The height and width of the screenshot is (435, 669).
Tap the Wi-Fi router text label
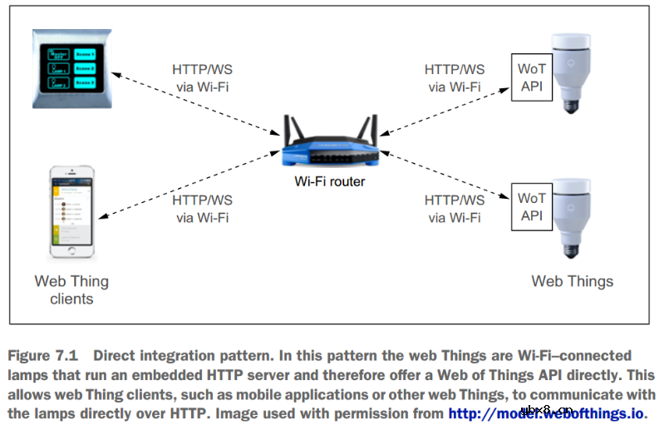329,181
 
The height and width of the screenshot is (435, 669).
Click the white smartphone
71,213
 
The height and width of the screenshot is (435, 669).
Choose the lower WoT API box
531,206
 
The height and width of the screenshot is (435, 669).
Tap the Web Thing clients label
71,289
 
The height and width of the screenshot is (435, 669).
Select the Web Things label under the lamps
572,281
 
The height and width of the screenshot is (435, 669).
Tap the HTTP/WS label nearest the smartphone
202,200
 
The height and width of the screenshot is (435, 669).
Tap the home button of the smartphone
71,252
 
